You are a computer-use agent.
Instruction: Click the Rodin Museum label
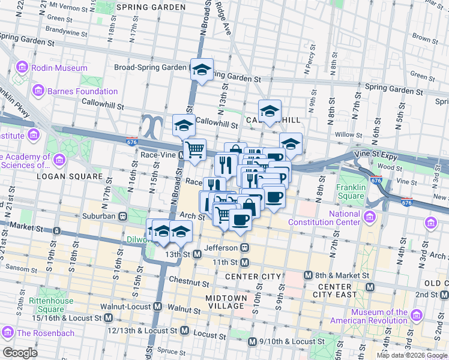(60, 68)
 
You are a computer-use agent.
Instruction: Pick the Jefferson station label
(221, 247)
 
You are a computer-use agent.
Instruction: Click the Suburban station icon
(122, 215)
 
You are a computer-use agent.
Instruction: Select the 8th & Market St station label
(342, 276)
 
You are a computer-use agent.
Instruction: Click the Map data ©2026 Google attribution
(412, 355)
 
